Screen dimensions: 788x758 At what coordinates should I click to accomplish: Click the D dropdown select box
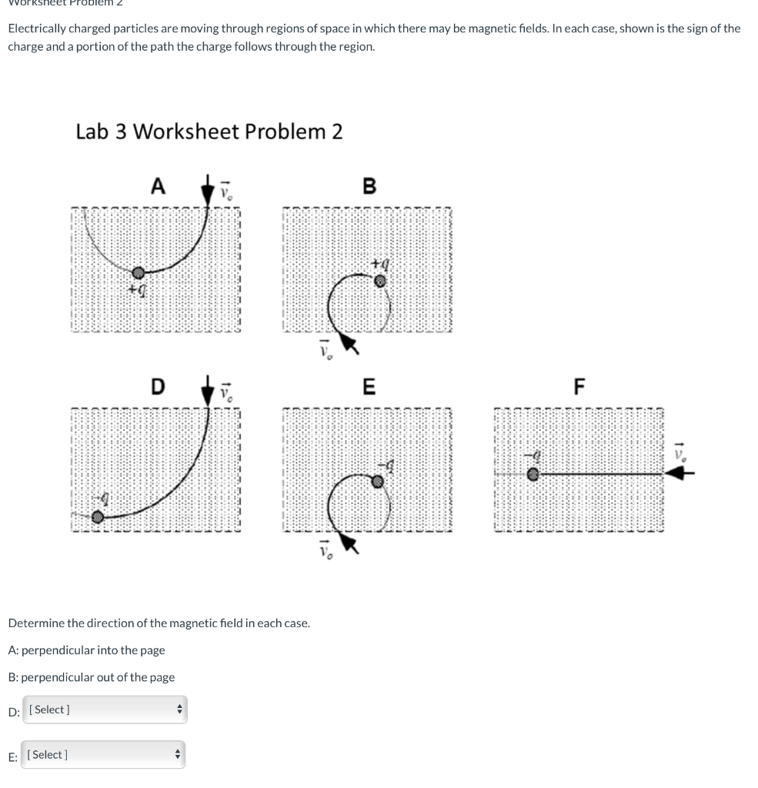[x=104, y=710]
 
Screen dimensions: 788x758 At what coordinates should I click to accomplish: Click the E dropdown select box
[x=103, y=755]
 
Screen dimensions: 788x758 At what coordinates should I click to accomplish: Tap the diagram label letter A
[x=158, y=186]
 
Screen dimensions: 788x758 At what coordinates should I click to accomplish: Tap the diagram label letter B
[x=369, y=186]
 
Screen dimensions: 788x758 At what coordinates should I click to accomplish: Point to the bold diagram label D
[x=158, y=386]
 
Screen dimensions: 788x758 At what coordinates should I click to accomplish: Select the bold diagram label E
[x=369, y=386]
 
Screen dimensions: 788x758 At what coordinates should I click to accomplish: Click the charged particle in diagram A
[x=138, y=272]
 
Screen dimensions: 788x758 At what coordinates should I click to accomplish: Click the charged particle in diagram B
[x=379, y=282]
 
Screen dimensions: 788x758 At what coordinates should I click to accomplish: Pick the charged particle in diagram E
[x=378, y=481]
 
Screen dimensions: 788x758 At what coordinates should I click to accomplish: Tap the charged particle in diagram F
[x=533, y=475]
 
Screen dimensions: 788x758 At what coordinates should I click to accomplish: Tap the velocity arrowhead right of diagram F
[x=674, y=475]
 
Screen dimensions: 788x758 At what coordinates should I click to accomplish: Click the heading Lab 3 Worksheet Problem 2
[x=209, y=132]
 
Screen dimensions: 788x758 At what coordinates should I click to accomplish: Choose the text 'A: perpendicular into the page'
[x=86, y=650]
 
